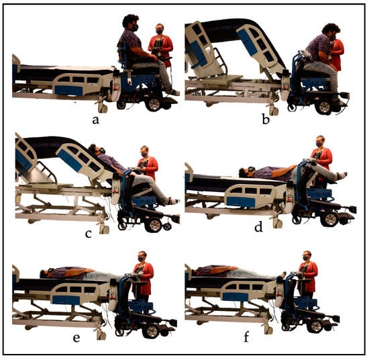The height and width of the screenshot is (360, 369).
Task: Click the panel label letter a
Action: coord(95,120)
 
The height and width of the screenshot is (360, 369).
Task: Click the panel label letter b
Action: coord(266,120)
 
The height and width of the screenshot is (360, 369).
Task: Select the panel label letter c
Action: coord(89,234)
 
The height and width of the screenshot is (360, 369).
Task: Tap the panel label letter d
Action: coord(258,227)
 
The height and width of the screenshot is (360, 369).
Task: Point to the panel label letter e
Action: coord(76,338)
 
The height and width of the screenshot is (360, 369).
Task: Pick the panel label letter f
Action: coord(246,337)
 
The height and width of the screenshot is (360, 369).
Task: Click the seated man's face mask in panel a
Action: coord(135,28)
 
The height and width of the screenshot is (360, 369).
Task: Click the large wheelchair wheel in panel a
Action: coord(154,104)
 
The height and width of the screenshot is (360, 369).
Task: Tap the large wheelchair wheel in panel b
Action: coord(325,107)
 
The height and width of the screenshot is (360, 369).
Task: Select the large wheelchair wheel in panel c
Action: coord(154,225)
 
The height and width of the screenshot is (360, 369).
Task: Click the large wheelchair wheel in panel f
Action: coord(315,326)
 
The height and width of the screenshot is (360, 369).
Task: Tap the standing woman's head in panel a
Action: coord(160,29)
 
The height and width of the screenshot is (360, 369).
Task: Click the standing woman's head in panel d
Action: coord(319,141)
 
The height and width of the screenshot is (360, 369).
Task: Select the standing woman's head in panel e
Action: coord(142,257)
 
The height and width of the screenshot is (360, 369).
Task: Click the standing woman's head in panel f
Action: coord(307,256)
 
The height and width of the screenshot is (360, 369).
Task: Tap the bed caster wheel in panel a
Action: coord(103,108)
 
